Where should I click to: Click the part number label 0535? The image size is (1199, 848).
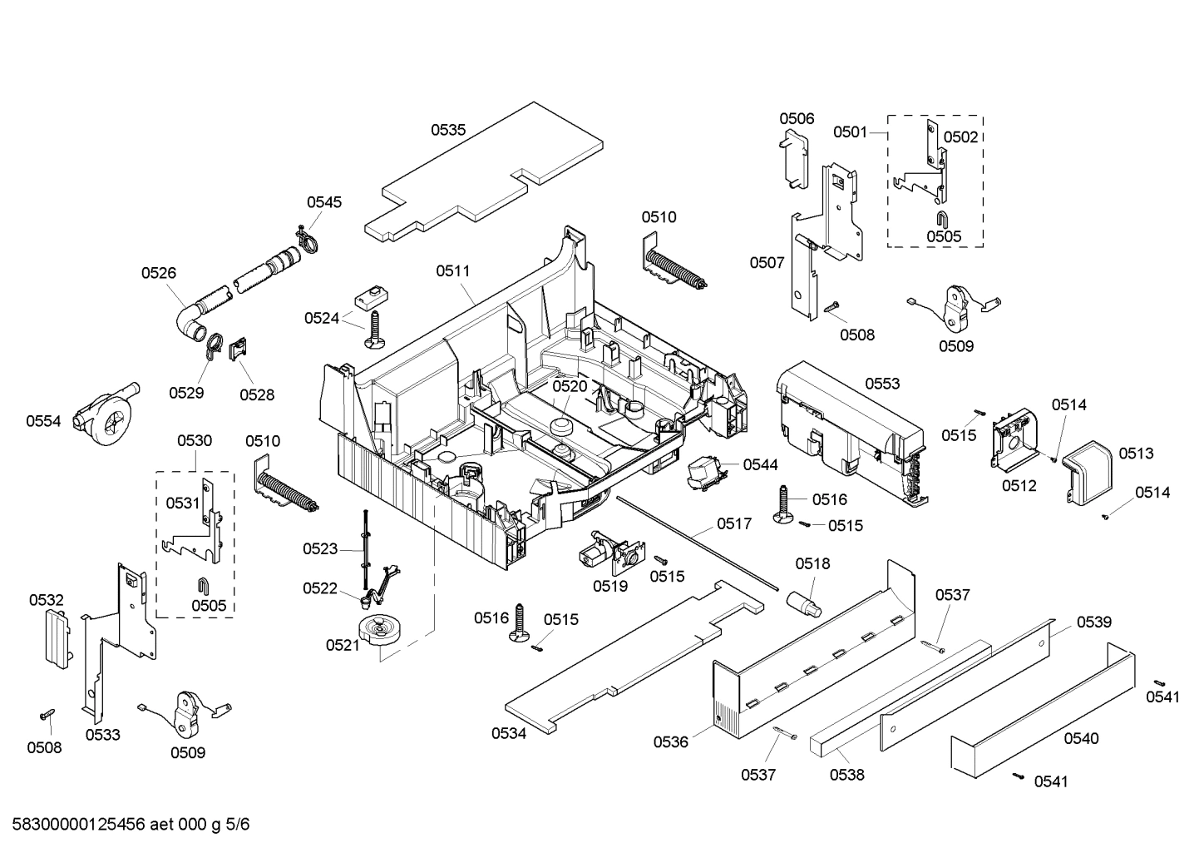[447, 130]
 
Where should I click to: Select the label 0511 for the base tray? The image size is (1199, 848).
[452, 270]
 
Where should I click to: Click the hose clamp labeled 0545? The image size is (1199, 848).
[306, 237]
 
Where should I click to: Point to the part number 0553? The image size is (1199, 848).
[882, 384]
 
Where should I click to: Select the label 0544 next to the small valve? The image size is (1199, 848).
[760, 465]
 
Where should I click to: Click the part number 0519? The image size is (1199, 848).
[609, 586]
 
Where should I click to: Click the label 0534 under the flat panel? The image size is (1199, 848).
[508, 733]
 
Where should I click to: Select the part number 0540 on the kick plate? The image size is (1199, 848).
[1080, 738]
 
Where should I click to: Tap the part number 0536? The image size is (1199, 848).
[670, 741]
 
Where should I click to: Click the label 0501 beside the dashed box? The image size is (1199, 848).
[851, 132]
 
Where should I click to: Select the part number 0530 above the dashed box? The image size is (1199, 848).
[194, 440]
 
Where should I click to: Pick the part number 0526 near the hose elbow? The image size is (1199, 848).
[158, 272]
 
